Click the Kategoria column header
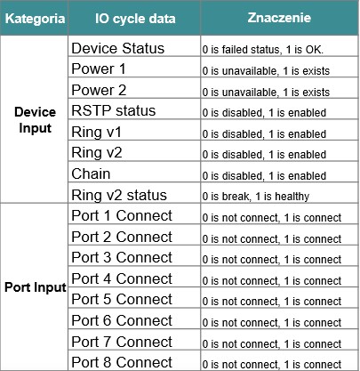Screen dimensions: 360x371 pyautogui.click(x=35, y=19)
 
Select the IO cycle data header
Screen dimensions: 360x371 pyautogui.click(x=135, y=19)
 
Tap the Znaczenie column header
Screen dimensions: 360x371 pyautogui.click(x=279, y=18)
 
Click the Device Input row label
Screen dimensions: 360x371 pyautogui.click(x=35, y=120)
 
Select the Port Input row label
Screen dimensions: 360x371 pyautogui.click(x=36, y=287)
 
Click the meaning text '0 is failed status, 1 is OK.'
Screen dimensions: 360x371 pyautogui.click(x=263, y=50)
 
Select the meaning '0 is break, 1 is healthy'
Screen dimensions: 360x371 pyautogui.click(x=256, y=197)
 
